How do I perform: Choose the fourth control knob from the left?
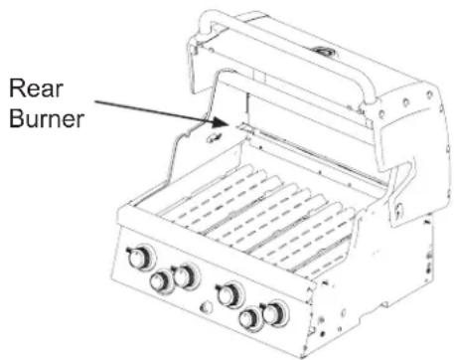click(x=230, y=294)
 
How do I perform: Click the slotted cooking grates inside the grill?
click(x=258, y=214)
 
